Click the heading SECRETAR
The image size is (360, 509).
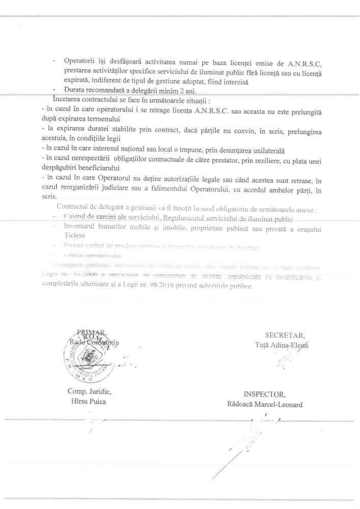coord(285,335)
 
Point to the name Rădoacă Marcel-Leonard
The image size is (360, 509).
coord(265,405)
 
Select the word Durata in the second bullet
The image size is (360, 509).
coord(75,90)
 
